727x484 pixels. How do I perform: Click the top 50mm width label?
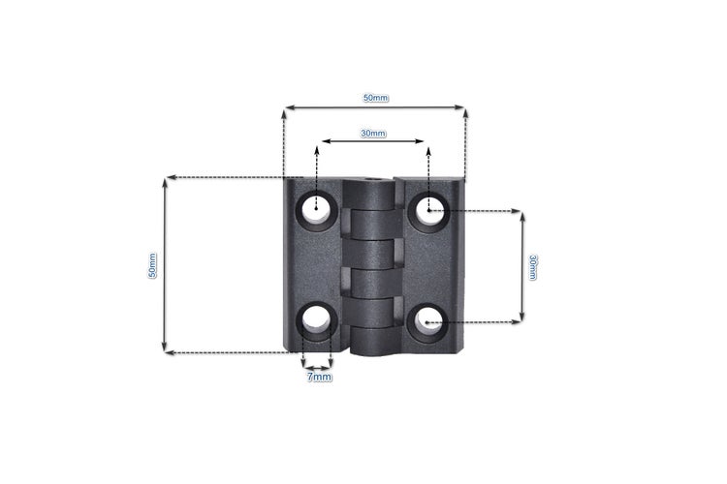click(x=375, y=98)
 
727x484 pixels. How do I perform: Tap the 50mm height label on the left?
click(x=152, y=265)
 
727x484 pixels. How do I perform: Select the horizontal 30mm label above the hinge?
click(x=373, y=134)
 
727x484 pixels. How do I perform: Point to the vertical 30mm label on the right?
click(x=533, y=267)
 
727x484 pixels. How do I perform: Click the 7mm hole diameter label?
click(x=319, y=377)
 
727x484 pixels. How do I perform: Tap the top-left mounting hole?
click(x=316, y=210)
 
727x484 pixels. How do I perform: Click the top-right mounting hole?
click(x=429, y=210)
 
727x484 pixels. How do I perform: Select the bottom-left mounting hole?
click(x=317, y=319)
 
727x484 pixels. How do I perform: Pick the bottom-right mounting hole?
click(x=427, y=321)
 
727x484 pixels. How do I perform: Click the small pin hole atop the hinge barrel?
click(x=372, y=179)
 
